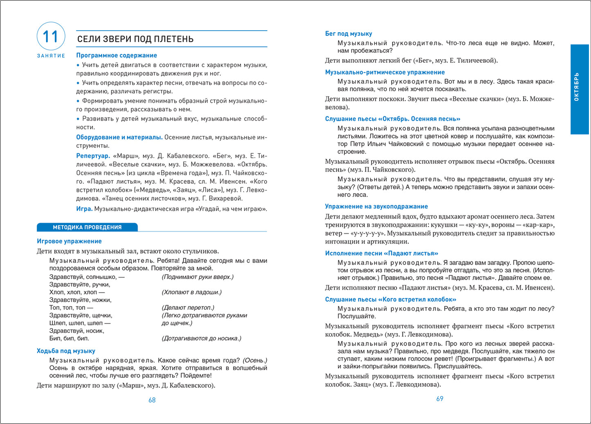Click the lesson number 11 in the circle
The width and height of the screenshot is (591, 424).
[x=51, y=36]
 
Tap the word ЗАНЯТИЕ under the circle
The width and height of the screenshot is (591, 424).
[x=51, y=56]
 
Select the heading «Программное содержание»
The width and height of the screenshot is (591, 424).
[x=117, y=55]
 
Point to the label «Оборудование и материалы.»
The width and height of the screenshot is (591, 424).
[x=119, y=137]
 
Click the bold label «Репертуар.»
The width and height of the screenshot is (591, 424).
[x=93, y=156]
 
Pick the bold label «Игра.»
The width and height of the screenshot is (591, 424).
[x=84, y=209]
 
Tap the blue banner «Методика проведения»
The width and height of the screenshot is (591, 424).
[x=87, y=227]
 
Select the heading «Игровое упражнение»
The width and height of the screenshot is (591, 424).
[x=69, y=241]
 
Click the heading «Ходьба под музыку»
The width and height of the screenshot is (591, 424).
[x=66, y=351]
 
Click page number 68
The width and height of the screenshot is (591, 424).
[x=152, y=400]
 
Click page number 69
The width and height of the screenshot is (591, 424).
[x=440, y=399]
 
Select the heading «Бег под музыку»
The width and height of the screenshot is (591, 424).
[x=348, y=34]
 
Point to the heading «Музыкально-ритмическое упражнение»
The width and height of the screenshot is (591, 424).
[x=385, y=72]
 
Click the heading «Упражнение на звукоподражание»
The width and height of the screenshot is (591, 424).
[x=376, y=207]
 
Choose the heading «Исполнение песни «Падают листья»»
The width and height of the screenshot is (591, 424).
[x=382, y=253]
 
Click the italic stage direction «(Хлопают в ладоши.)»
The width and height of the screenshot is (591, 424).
[x=192, y=292]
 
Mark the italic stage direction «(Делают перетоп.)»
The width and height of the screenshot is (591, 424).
[x=188, y=307]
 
